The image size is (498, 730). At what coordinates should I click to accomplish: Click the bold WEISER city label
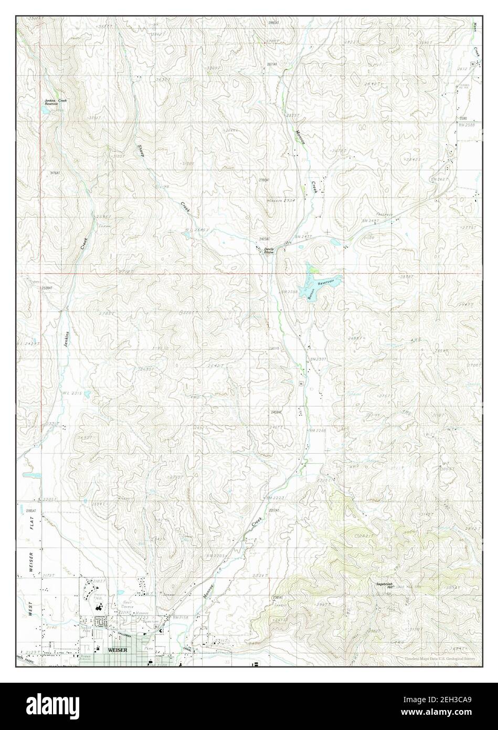117,649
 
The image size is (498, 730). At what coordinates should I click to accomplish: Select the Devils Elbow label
269,251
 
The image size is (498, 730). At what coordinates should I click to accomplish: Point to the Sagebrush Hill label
384,585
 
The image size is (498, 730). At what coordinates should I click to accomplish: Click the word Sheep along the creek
140,151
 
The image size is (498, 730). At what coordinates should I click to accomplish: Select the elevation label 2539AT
48,288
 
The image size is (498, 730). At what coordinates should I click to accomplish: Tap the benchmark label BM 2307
319,359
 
